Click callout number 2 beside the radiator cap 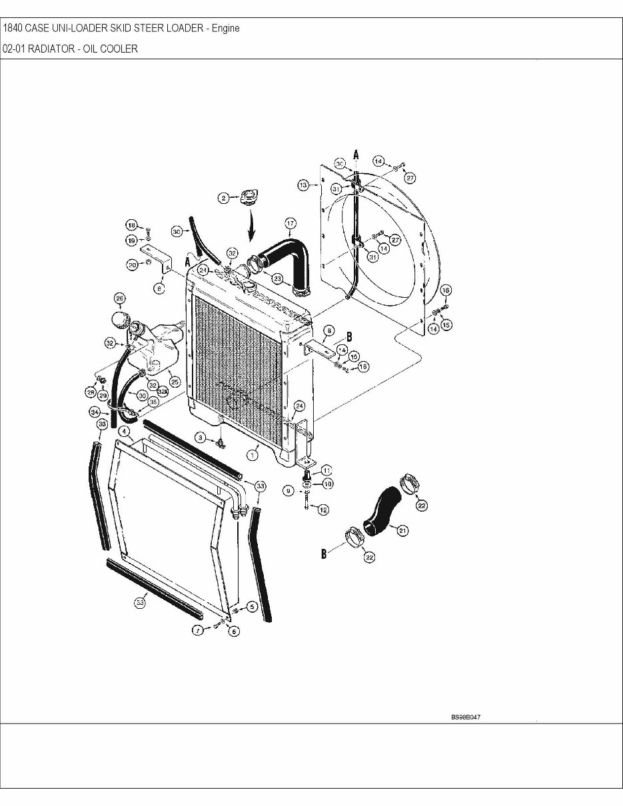click(x=225, y=197)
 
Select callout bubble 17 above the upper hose click(x=291, y=222)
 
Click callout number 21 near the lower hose click(x=402, y=530)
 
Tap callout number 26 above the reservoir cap click(x=120, y=298)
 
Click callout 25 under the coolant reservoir click(x=175, y=382)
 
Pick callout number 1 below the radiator click(x=253, y=454)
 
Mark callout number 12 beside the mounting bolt click(x=323, y=510)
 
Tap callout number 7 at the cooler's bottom click(x=198, y=629)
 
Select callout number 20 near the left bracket click(x=133, y=265)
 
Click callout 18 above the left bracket click(x=131, y=225)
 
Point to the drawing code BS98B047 click(x=466, y=717)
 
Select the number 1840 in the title click(x=13, y=28)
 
